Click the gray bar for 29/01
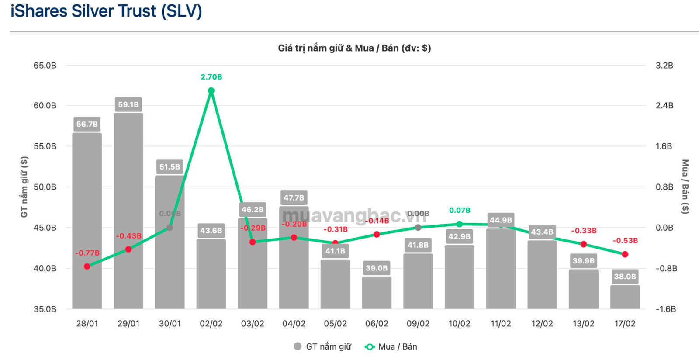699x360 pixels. (128, 210)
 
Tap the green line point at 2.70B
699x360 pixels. (211, 91)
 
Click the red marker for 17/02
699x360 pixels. (625, 254)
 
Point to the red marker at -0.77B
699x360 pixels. (87, 267)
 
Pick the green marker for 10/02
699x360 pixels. (459, 224)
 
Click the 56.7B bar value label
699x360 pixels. (87, 124)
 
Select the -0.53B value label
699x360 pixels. (625, 241)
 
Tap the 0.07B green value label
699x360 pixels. (460, 211)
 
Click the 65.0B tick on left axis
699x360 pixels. (45, 66)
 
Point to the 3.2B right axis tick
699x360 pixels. (664, 66)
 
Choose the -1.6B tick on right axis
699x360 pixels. (666, 309)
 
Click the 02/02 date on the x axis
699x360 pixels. (211, 324)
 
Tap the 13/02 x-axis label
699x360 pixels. (583, 324)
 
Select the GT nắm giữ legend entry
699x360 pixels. (323, 346)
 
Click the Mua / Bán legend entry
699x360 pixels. (391, 346)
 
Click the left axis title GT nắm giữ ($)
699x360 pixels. (24, 187)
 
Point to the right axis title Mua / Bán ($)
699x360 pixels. (685, 187)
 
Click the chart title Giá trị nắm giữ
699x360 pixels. (354, 48)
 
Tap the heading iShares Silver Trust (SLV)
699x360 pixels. (106, 11)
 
